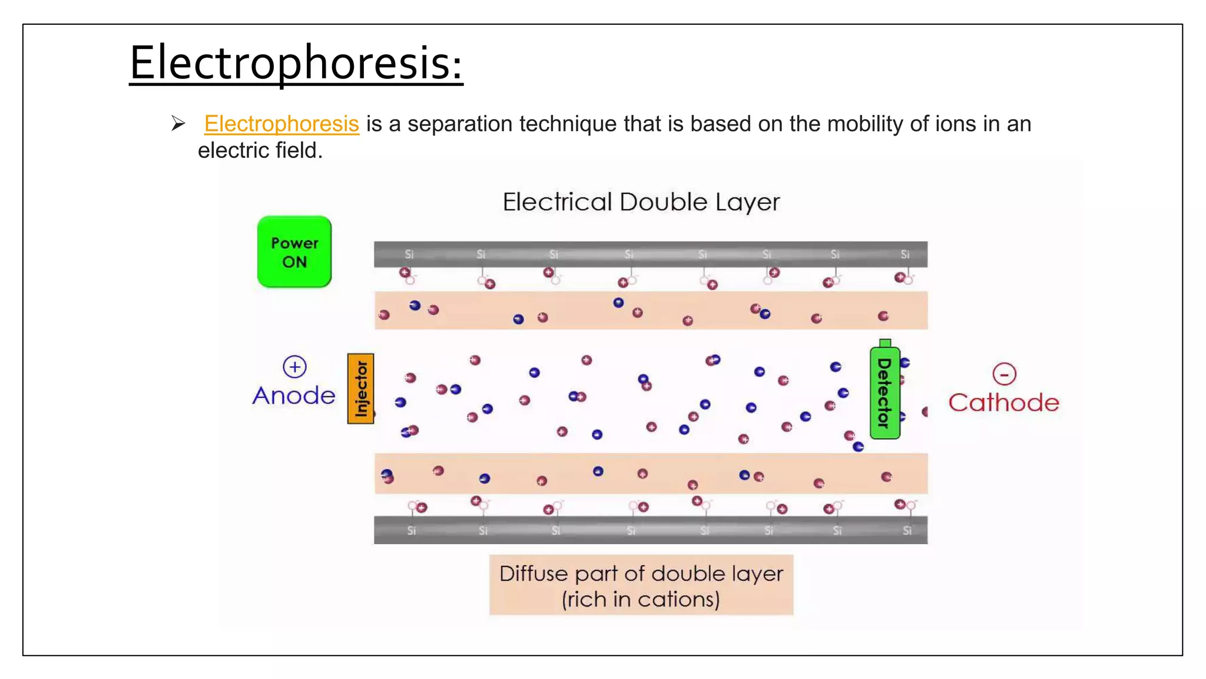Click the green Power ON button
click(294, 252)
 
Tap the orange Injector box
click(360, 388)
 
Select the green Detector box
click(884, 393)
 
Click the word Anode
click(294, 395)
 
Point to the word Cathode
click(1003, 403)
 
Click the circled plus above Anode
click(294, 367)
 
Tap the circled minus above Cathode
click(1004, 374)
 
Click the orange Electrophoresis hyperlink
click(281, 124)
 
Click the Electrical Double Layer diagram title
click(641, 202)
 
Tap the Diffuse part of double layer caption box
click(641, 585)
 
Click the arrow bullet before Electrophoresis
click(178, 123)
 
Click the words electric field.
click(260, 150)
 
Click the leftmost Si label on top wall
click(409, 254)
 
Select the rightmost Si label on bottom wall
click(907, 530)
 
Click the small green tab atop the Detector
click(884, 343)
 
